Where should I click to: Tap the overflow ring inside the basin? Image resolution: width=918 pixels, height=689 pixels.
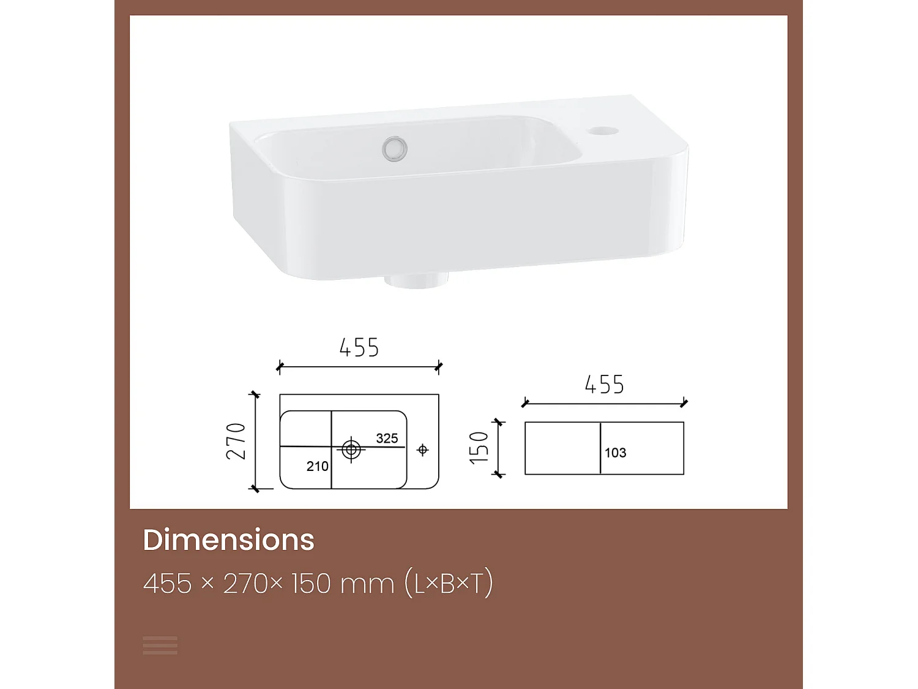click(395, 148)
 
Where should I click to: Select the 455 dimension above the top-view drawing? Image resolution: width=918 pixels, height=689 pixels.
click(359, 348)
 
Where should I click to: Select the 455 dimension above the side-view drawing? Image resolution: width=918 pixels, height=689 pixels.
click(604, 385)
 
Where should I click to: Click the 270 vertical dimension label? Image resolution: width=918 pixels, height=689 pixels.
click(236, 441)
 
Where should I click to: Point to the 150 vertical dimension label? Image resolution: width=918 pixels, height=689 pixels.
click(479, 447)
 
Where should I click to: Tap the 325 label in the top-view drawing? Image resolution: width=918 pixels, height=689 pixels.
click(387, 438)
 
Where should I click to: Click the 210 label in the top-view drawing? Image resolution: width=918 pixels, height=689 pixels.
click(317, 466)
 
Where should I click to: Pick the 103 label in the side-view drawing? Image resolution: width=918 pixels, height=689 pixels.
click(615, 453)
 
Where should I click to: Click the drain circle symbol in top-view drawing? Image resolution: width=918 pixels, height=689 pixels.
click(351, 449)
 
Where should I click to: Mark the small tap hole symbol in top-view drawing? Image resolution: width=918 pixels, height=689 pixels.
click(422, 450)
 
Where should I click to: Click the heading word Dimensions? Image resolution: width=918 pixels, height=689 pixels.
click(228, 540)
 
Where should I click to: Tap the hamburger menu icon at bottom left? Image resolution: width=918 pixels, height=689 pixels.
click(160, 645)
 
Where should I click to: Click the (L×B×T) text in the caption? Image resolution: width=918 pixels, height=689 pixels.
click(449, 584)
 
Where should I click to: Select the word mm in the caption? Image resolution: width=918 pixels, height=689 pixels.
click(367, 584)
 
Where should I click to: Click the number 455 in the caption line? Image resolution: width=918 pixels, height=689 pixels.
click(168, 584)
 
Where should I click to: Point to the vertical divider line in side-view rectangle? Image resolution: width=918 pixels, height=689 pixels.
click(600, 448)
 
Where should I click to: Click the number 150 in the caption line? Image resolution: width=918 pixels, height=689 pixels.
click(312, 584)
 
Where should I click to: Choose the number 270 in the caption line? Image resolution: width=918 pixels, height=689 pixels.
click(246, 584)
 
